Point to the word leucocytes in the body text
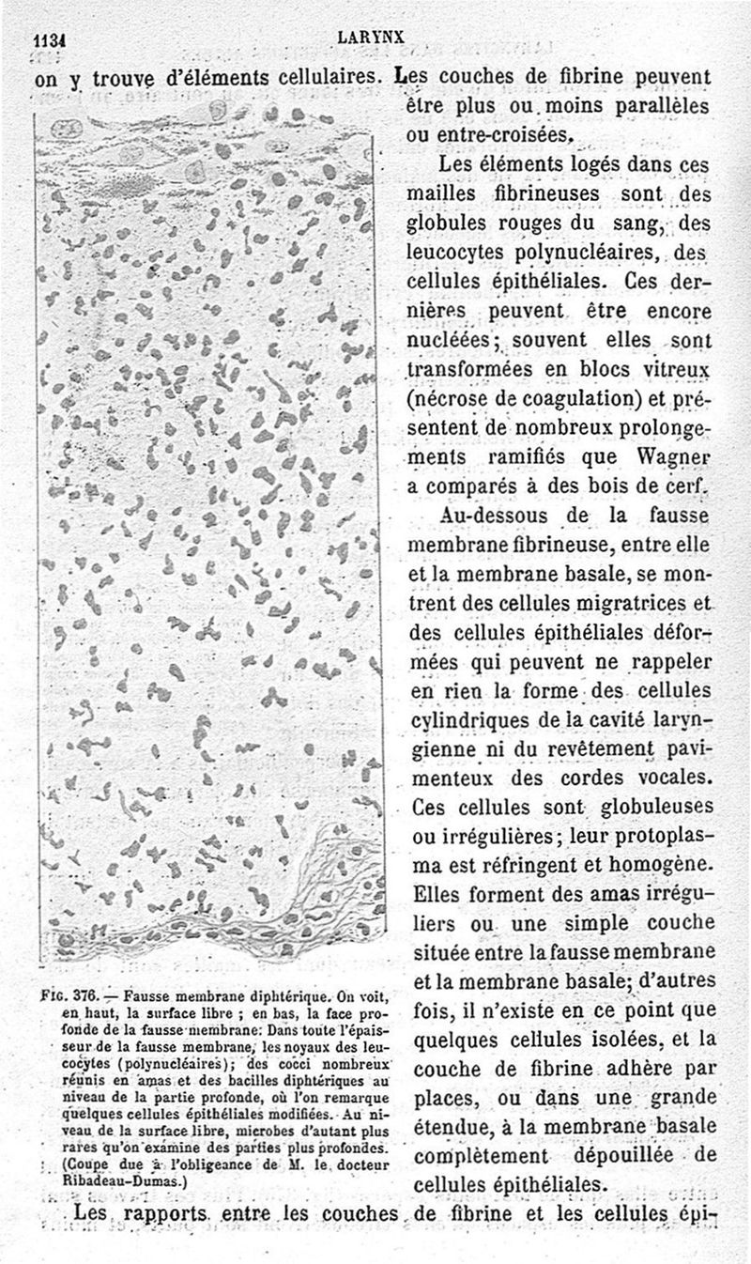tap(462, 253)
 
